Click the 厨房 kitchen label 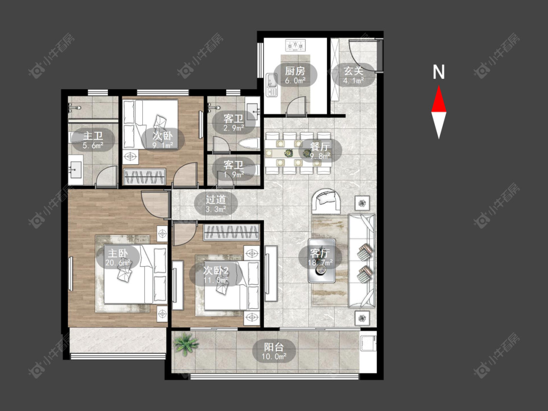tap(295, 71)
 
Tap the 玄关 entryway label tap(353, 71)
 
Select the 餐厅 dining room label tap(320, 146)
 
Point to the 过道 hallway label tap(216, 200)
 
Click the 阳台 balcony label tap(274, 347)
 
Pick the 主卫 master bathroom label tap(93, 135)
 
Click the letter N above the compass tap(438, 72)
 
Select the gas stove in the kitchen tap(295, 45)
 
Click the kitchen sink tap(271, 85)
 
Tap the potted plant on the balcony tap(186, 343)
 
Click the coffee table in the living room tap(321, 261)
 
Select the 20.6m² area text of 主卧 tap(118, 262)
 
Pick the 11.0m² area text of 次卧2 tap(216, 280)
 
